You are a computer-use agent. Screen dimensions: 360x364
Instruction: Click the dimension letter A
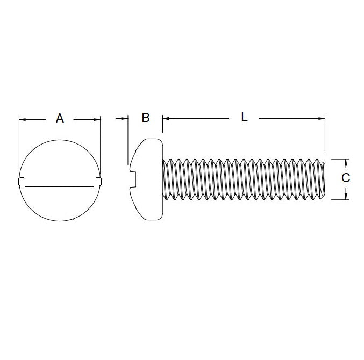(x=60, y=118)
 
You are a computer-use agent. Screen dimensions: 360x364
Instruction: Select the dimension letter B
(x=145, y=118)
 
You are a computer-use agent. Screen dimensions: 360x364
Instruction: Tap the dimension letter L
(x=244, y=117)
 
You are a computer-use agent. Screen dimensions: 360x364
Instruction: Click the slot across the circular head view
(x=60, y=181)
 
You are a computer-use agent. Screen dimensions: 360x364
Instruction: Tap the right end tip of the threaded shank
(x=325, y=179)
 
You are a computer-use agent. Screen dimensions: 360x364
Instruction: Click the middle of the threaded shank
(x=245, y=179)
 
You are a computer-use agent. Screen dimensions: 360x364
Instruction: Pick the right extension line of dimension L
(x=325, y=134)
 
